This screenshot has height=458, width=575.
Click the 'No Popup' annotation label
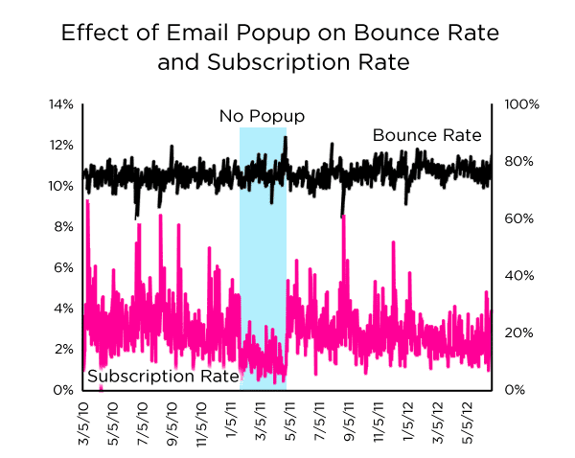(x=262, y=116)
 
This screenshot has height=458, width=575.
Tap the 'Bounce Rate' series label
(x=426, y=135)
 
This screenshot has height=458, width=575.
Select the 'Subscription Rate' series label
(x=163, y=377)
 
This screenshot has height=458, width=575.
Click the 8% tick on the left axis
(x=63, y=226)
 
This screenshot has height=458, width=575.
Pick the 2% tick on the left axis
(x=63, y=349)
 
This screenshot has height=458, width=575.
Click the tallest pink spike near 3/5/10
(x=87, y=203)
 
